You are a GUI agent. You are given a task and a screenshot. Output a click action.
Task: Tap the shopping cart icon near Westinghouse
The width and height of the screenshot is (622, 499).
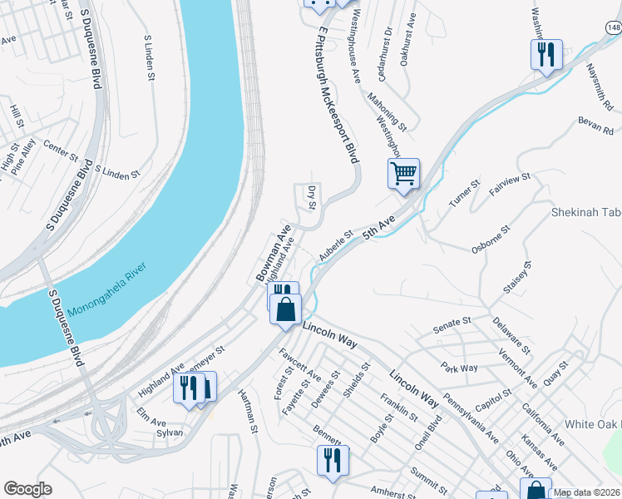click(x=403, y=175)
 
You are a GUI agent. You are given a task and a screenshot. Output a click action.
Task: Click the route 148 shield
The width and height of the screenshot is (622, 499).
click(x=613, y=28)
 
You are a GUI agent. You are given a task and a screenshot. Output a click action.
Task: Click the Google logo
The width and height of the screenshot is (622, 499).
click(x=27, y=489)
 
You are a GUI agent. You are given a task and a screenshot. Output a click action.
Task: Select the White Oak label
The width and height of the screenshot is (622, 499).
click(x=592, y=424)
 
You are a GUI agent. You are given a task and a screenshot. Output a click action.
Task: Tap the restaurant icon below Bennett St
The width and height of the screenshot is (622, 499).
click(x=333, y=460)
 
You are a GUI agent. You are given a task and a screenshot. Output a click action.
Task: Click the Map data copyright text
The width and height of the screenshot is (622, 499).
click(x=587, y=492)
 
